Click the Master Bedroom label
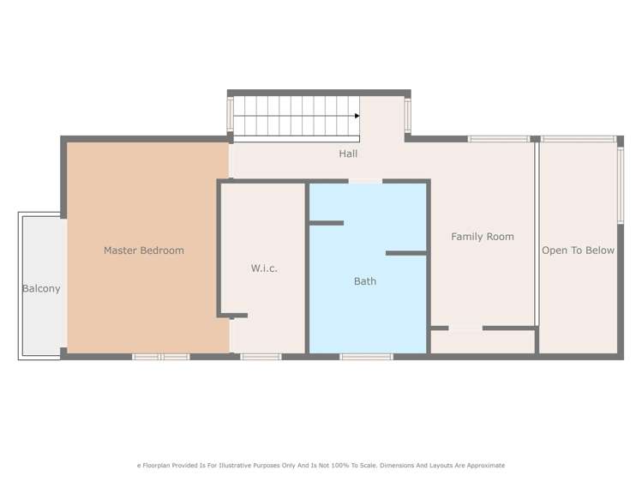point(144,250)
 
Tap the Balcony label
point(41,289)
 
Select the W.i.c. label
point(264,268)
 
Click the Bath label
point(365,281)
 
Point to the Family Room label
point(483,237)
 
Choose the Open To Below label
point(578,250)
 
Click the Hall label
point(348,154)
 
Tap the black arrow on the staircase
point(356,116)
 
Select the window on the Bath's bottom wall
point(366,356)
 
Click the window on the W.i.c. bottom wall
point(261,356)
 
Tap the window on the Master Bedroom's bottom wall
point(160,356)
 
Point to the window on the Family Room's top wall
point(498,138)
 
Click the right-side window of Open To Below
point(621,185)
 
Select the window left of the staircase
point(230,114)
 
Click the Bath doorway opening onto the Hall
point(365,181)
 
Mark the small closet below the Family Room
point(483,341)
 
